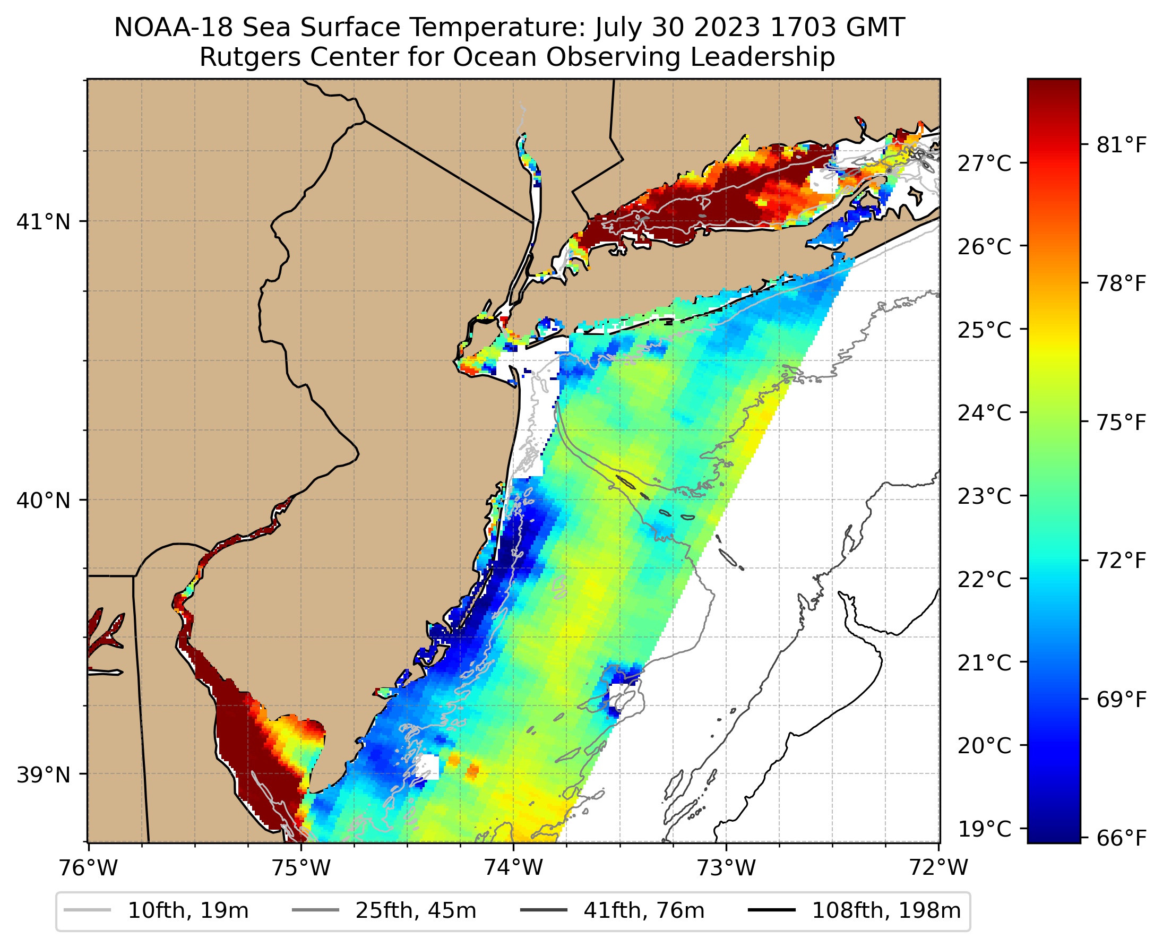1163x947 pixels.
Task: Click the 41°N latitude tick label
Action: pos(44,222)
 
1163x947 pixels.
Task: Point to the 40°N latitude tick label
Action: pos(44,500)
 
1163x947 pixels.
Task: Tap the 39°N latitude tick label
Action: pos(44,774)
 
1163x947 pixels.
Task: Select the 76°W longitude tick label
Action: pos(88,867)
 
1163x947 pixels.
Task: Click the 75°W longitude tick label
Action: pos(301,867)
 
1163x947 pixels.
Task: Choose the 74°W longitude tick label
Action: pos(514,867)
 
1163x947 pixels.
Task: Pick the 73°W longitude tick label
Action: pos(727,867)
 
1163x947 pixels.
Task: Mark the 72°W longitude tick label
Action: pos(938,867)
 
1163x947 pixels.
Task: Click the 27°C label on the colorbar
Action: pos(984,163)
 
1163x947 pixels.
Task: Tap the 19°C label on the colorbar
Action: pos(984,829)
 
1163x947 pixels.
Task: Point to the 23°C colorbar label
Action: pos(984,496)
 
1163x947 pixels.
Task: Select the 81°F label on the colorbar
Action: pos(1122,145)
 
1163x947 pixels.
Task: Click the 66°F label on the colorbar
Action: pos(1122,838)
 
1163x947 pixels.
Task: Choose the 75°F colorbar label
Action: pos(1122,422)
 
